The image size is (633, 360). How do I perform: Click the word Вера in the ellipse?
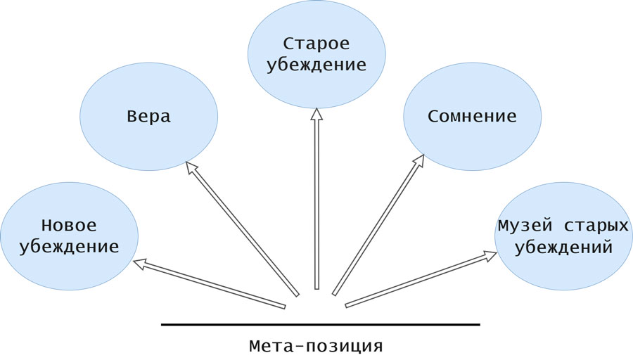149,117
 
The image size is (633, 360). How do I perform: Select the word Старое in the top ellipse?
316,44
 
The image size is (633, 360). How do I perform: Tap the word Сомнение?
472,117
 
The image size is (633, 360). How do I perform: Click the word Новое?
69,226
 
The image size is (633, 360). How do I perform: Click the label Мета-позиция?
316,347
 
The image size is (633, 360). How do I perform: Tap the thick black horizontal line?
320,325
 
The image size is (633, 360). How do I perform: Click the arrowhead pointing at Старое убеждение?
316,114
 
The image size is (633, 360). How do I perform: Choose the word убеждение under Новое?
69,248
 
